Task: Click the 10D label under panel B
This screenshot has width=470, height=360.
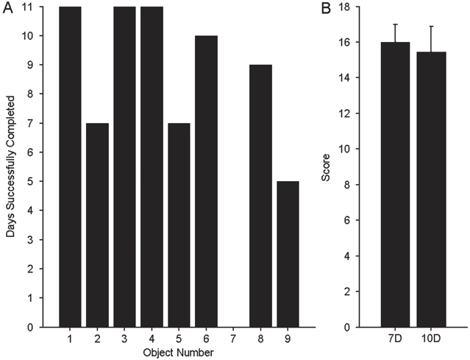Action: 431,339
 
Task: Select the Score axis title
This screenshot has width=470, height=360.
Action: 335,166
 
